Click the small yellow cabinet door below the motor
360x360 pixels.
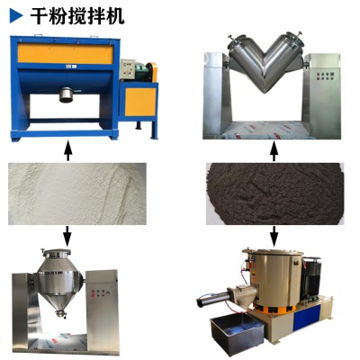point(139,103)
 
